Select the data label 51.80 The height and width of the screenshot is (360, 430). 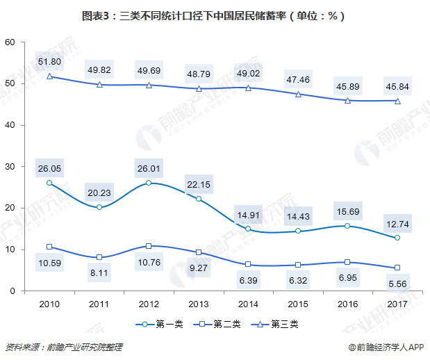point(49,61)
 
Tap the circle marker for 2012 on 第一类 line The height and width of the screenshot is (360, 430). point(149,183)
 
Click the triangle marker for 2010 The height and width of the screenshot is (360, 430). point(49,76)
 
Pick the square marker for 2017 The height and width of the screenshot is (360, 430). point(397,268)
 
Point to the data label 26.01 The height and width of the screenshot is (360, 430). point(149,167)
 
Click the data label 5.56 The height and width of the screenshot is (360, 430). point(397,283)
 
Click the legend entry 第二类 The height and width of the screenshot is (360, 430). point(219,323)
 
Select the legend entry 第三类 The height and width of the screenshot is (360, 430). point(278,323)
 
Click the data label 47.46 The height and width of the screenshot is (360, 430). point(298,79)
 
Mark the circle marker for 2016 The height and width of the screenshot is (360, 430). point(347,226)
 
